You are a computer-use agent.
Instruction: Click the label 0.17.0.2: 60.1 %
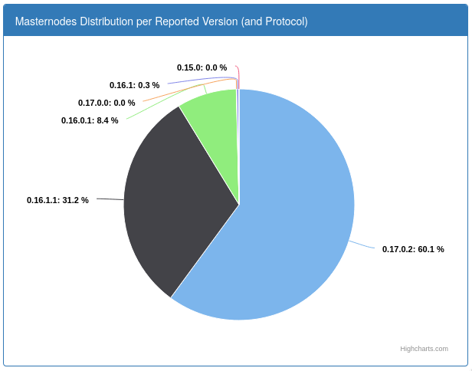413,249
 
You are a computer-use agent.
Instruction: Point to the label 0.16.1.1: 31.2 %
57,200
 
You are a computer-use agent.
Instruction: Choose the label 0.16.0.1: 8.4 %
90,121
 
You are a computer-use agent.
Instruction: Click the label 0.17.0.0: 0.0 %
107,103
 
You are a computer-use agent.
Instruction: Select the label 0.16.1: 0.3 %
135,85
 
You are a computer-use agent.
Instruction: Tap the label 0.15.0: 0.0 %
202,67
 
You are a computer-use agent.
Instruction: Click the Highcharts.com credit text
424,349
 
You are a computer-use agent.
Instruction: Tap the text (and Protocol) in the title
274,21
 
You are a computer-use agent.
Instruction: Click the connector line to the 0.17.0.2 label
362,245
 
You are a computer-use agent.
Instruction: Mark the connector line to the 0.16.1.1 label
110,199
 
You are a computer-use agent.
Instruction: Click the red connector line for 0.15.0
239,75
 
